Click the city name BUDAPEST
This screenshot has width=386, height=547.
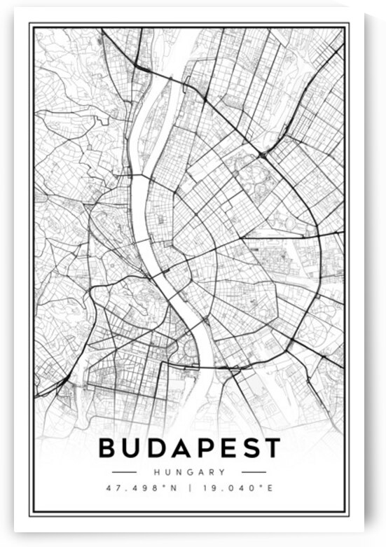pyautogui.click(x=189, y=447)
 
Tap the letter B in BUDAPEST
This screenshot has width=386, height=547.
pyautogui.click(x=109, y=447)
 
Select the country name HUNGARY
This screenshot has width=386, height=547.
pyautogui.click(x=189, y=472)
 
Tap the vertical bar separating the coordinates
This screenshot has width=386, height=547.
pyautogui.click(x=189, y=487)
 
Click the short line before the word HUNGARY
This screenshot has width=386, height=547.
pyautogui.click(x=124, y=472)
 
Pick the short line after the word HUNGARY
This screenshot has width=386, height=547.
pyautogui.click(x=254, y=472)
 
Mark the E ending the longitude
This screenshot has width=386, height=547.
pyautogui.click(x=270, y=487)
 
